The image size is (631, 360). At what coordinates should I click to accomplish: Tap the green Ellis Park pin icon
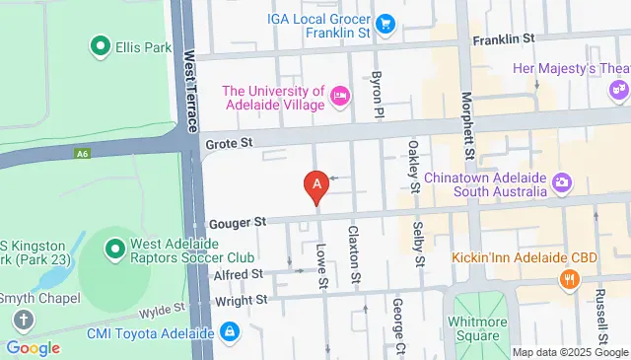click(100, 44)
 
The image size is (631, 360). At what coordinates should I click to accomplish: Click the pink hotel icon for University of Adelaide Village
click(340, 94)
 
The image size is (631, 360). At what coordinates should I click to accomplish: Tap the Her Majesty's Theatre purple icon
click(619, 89)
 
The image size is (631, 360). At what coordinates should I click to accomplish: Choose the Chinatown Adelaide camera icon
click(562, 182)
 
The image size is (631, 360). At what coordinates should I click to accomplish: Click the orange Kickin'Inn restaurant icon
click(568, 279)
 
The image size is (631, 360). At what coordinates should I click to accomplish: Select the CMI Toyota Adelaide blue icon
click(229, 333)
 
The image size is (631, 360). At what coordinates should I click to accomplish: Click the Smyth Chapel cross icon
click(24, 320)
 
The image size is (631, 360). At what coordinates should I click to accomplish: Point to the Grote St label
click(229, 144)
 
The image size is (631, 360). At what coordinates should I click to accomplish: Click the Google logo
click(33, 347)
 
